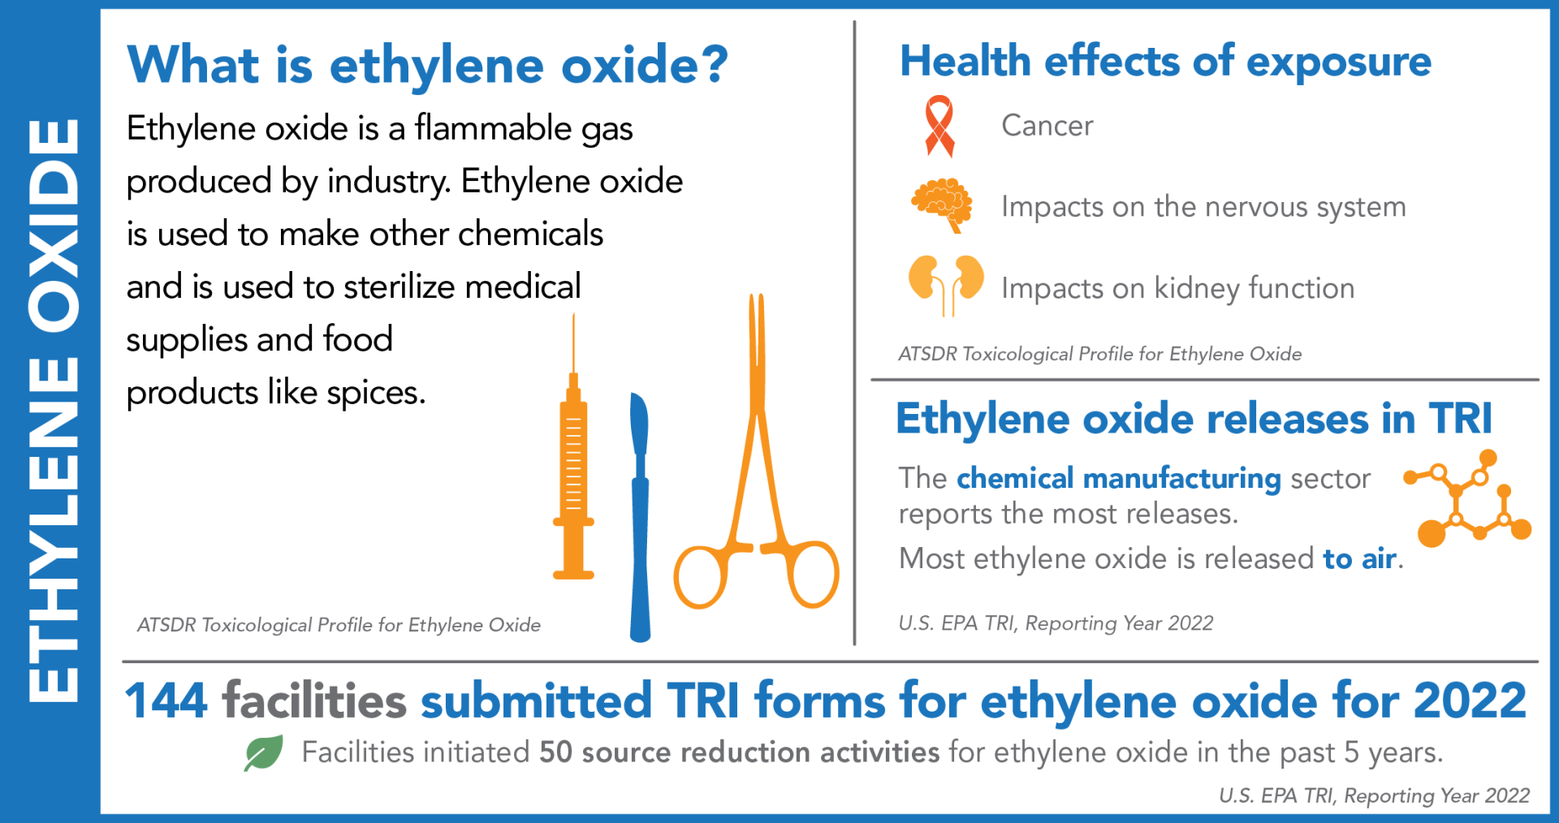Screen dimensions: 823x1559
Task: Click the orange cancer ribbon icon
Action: click(939, 126)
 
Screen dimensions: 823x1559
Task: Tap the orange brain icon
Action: click(942, 203)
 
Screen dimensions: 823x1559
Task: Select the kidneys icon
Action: click(946, 283)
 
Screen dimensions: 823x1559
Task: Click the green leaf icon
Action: click(264, 752)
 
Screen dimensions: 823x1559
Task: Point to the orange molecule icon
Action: click(1468, 499)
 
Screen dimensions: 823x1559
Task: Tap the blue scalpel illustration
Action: click(640, 519)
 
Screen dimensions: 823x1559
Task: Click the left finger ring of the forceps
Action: click(699, 576)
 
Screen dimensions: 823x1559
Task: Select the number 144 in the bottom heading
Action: click(166, 700)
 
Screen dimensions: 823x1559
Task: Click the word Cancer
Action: click(1047, 126)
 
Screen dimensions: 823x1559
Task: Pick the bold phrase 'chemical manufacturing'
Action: click(1118, 478)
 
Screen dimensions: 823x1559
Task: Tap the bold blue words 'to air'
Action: click(1359, 558)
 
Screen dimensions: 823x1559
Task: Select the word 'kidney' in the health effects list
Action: click(1196, 289)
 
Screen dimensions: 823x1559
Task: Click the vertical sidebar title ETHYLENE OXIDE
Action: click(53, 411)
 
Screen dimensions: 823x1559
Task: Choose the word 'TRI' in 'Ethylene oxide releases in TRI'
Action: click(1461, 419)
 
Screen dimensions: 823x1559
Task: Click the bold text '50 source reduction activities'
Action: click(739, 752)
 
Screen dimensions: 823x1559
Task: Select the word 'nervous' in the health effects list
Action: click(1256, 207)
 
